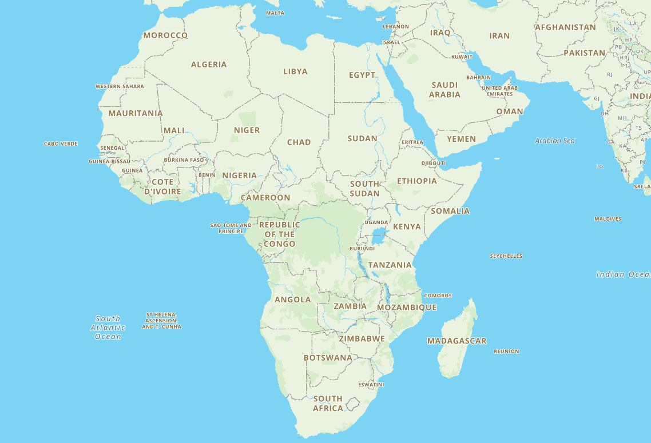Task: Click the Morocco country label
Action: [165, 35]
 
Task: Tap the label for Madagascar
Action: [457, 341]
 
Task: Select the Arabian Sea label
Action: [554, 141]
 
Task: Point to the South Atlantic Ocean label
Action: [108, 328]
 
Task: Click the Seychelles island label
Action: [506, 256]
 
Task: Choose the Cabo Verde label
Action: [61, 144]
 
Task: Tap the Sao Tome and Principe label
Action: [231, 228]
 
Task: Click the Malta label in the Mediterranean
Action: [275, 13]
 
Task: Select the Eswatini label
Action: [371, 385]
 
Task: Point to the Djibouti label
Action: [433, 163]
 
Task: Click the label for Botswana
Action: [328, 358]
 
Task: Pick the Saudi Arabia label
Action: [444, 90]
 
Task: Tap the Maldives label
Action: [608, 219]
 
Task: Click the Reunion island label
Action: [506, 352]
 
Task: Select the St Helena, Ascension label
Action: [161, 321]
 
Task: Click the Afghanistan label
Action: [565, 27]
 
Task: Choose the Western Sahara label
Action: [120, 86]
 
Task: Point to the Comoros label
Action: [438, 296]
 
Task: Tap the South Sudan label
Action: [364, 189]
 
